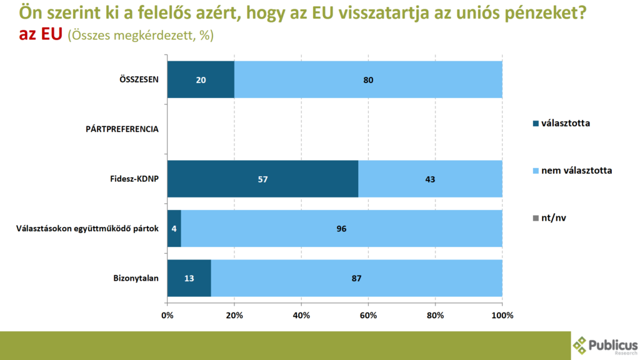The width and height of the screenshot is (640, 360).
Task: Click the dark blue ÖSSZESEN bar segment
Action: click(x=201, y=79)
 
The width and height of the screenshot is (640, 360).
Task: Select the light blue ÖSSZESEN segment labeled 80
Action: click(x=368, y=79)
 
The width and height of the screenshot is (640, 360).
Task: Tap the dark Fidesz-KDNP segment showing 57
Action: click(x=262, y=179)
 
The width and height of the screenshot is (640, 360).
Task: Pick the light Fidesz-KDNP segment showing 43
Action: click(x=430, y=179)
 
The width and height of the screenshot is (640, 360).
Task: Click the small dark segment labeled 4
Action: click(x=174, y=229)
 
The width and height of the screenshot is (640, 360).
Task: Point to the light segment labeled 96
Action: click(x=341, y=229)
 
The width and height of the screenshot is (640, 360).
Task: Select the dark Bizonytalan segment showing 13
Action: click(x=189, y=278)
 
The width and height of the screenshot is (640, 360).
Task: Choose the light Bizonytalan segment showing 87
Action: click(x=356, y=278)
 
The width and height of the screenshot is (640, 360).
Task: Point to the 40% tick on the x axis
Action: click(x=301, y=315)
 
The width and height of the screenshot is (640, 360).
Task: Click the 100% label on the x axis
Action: click(x=502, y=315)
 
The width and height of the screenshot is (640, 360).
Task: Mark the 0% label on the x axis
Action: click(x=167, y=315)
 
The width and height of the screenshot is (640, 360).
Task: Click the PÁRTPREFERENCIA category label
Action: click(x=122, y=129)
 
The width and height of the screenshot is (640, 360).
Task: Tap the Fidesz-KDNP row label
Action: click(x=130, y=179)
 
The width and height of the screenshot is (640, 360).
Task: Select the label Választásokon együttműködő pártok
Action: click(x=87, y=229)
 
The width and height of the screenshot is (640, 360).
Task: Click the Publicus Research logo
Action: click(x=605, y=346)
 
